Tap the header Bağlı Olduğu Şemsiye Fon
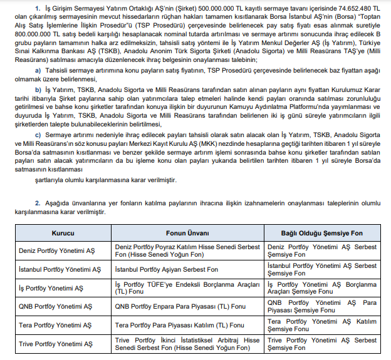point(322,233)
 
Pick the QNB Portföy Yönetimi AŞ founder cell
point(56,307)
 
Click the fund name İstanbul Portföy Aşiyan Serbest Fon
point(167,270)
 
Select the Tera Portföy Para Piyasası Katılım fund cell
point(180,326)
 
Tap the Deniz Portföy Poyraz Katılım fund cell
point(187,251)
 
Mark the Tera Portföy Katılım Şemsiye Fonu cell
point(322,326)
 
